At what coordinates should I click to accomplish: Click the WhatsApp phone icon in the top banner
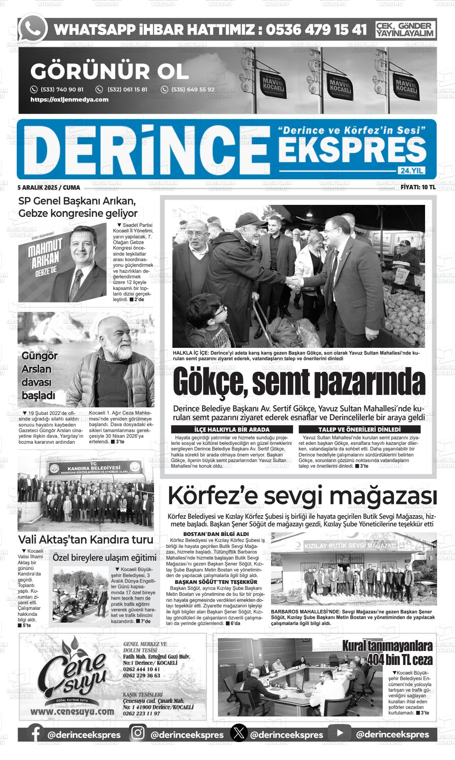coord(33,29)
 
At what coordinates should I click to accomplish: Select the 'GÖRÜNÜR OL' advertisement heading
coord(109,71)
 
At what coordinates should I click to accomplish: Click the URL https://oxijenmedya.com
coord(69,99)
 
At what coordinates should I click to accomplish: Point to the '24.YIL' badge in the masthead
coord(411,171)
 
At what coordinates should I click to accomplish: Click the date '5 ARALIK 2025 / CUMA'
coord(49,187)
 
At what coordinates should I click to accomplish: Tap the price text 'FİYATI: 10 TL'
coord(418,187)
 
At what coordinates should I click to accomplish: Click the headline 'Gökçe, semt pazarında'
coord(299,382)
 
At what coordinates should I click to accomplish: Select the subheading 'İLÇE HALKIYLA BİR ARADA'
coord(231,430)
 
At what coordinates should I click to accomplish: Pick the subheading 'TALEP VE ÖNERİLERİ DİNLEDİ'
coord(359,430)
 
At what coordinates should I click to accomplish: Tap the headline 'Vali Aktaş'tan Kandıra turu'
coord(86,540)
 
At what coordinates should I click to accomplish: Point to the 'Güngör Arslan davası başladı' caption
coord(39,376)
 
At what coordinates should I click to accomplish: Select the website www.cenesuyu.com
coord(72,711)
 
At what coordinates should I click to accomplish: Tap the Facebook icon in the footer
coord(36,735)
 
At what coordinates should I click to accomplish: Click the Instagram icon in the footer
coord(138,734)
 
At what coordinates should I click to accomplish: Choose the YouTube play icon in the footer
coord(340,734)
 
